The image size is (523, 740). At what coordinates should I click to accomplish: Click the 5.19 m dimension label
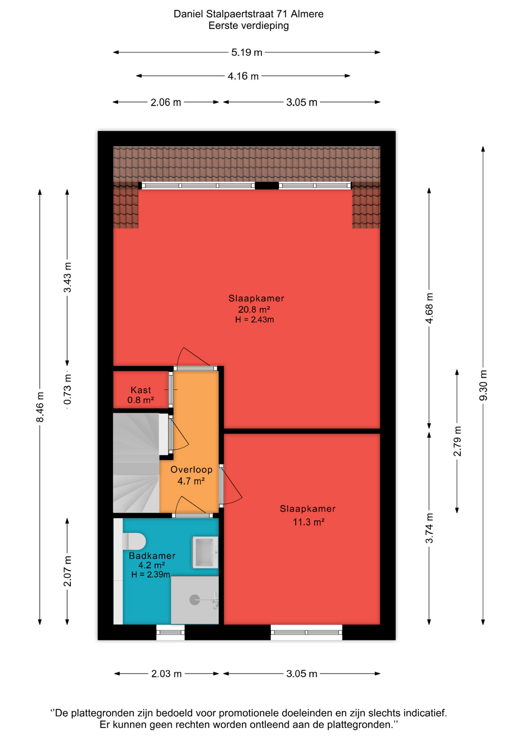pos(246,52)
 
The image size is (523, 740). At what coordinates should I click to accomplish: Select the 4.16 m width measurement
pos(243,76)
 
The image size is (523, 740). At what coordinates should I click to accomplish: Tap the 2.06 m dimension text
pos(166,103)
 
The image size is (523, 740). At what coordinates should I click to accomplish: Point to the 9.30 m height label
pos(483,385)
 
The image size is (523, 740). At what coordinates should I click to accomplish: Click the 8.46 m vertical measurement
pos(40,407)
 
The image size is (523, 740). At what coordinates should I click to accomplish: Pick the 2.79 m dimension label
pos(457,441)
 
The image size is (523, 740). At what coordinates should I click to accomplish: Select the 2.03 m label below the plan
pos(166,674)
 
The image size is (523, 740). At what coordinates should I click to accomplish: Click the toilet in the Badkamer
pos(134,541)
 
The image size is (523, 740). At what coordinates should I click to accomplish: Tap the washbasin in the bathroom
pos(205,552)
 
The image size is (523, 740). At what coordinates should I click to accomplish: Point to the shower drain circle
pos(194,600)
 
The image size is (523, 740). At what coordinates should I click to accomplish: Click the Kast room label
pos(141,390)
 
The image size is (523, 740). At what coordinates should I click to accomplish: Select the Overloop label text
pos(191,470)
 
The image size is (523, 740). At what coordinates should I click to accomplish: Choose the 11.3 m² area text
pos(308,522)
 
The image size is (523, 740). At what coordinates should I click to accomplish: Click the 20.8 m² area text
pos(254,309)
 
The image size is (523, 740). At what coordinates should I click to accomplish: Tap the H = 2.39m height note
pos(151,575)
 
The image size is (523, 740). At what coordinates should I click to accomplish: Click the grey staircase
pos(136,463)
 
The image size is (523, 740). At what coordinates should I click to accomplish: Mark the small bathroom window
pos(170,632)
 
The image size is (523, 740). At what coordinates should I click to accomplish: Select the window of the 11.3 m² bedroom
pos(307,632)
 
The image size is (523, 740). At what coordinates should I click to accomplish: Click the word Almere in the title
pos(307,14)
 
